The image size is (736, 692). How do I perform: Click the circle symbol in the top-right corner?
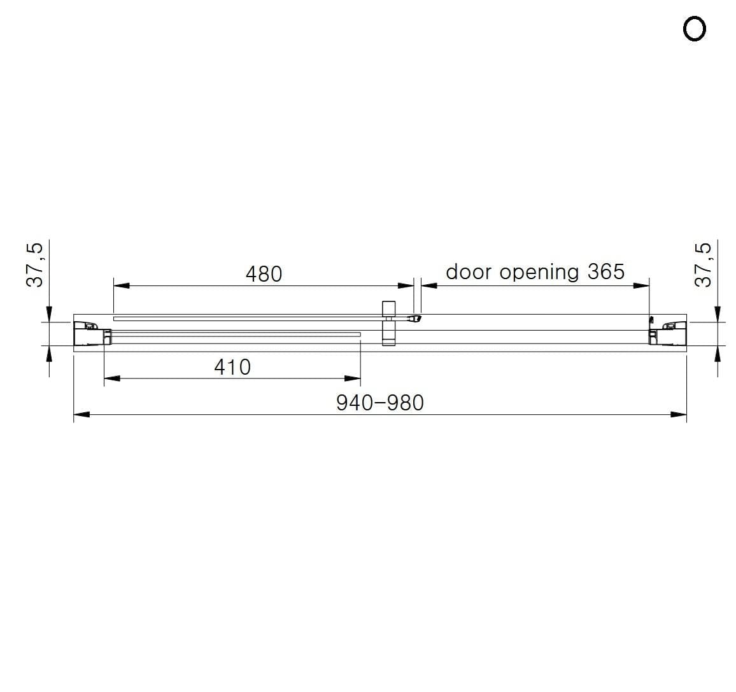(694, 29)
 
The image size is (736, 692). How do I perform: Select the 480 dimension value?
(264, 274)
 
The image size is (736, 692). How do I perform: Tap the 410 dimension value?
(232, 367)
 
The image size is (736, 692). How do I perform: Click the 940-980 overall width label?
(379, 403)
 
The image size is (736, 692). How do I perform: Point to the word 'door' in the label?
(469, 272)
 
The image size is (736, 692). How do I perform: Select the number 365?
(606, 271)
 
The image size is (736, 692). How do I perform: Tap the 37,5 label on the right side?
(702, 264)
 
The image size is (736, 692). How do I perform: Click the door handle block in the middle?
(388, 323)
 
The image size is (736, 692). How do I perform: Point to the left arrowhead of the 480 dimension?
(121, 285)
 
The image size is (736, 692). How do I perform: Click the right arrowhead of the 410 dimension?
(353, 378)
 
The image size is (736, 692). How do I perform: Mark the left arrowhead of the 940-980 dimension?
(81, 415)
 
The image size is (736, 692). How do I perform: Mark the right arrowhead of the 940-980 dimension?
(679, 415)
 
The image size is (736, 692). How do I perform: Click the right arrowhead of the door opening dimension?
(641, 285)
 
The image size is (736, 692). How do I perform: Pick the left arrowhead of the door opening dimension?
(429, 285)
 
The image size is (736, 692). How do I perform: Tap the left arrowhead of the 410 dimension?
(112, 378)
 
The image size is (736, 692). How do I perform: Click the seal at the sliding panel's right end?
(414, 317)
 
